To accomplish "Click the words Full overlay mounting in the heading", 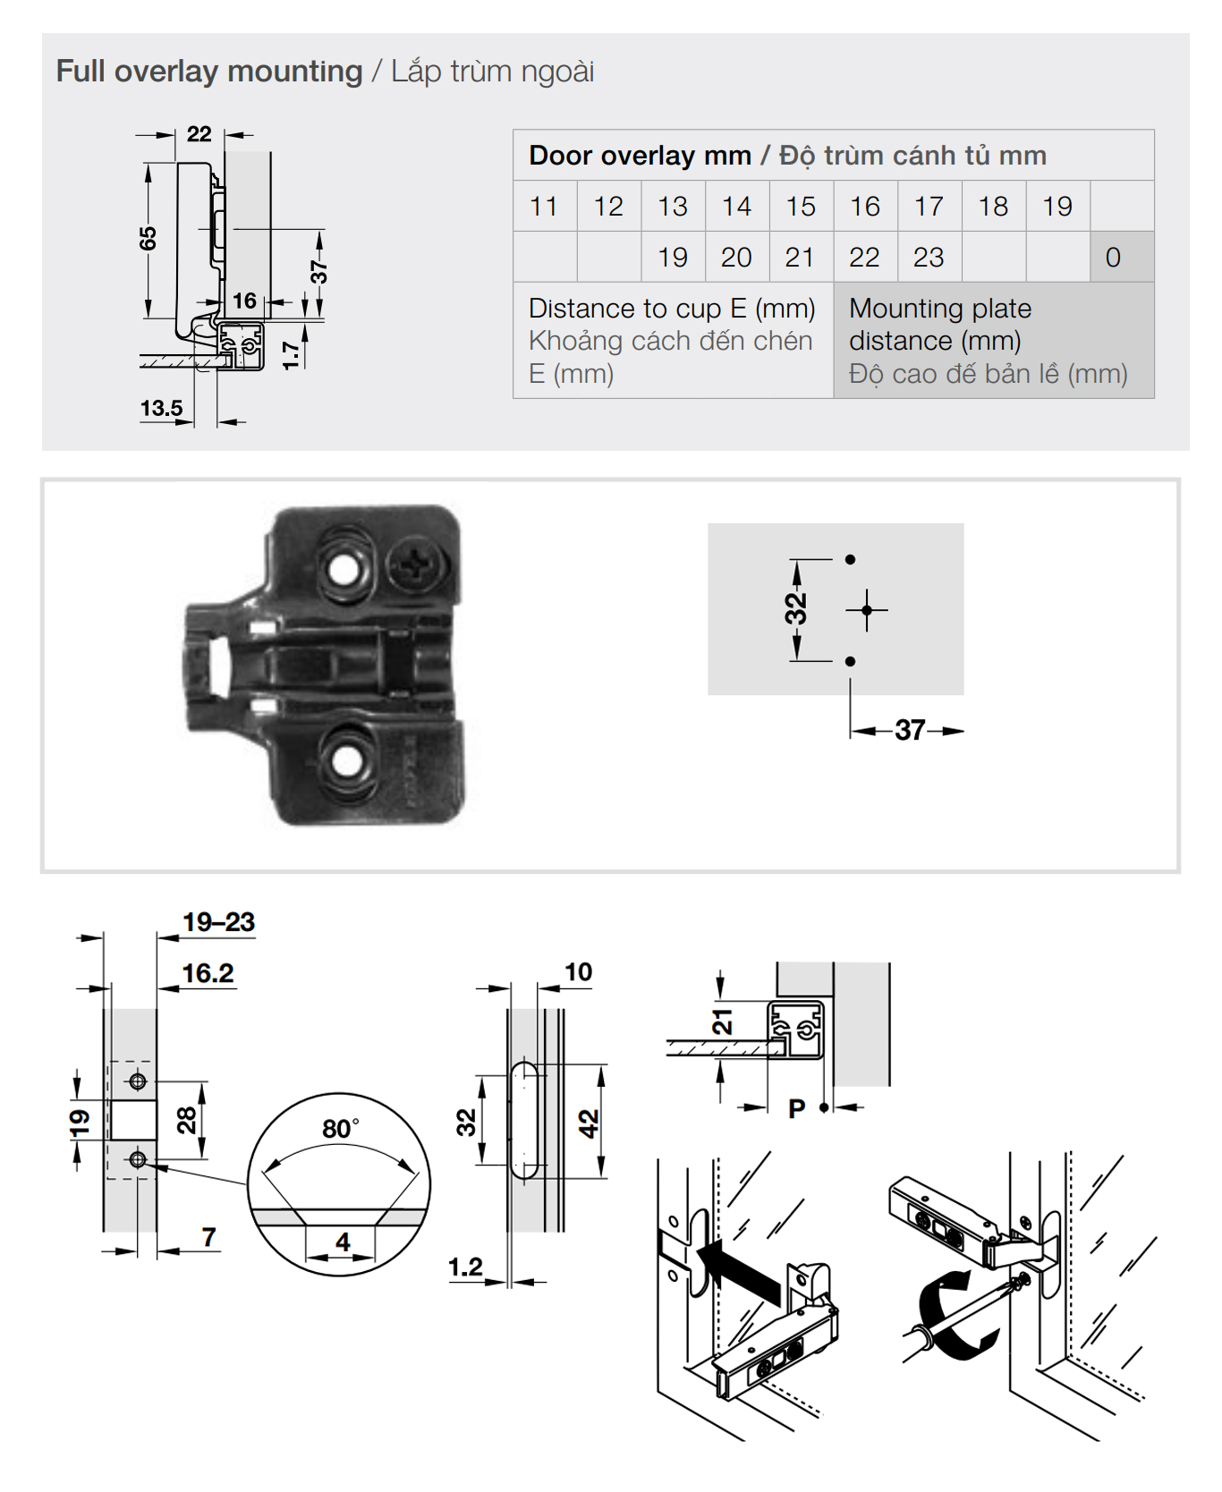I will (x=208, y=72).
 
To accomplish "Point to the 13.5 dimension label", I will (x=161, y=409).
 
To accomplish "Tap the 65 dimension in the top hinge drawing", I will (x=148, y=239).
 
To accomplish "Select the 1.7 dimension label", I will (x=291, y=355).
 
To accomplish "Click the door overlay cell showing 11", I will (x=544, y=207).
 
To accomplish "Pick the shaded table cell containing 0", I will (x=1113, y=258).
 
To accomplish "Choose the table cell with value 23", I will (x=929, y=258).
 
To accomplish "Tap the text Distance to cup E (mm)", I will (x=671, y=309).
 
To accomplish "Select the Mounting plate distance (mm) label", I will (x=939, y=325).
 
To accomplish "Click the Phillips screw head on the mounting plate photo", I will (x=415, y=565).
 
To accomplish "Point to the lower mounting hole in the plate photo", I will (x=346, y=761).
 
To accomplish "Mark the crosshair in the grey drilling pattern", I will (x=866, y=611).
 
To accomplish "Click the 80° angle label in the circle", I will (x=340, y=1129).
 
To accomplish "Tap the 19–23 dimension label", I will (x=218, y=922).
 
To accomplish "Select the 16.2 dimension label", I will (x=208, y=973).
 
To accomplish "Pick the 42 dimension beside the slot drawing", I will (x=588, y=1123).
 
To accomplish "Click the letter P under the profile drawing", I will (x=796, y=1109).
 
